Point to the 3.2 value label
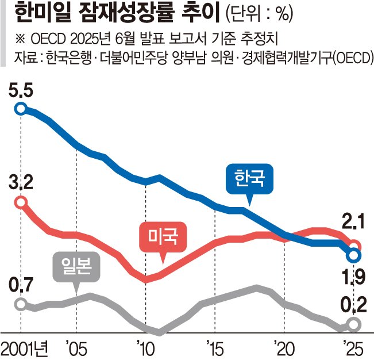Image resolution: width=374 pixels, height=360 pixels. [x=21, y=184]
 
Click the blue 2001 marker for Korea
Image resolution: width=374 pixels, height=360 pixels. [x=21, y=108]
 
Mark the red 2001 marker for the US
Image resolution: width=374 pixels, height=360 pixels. [x=21, y=202]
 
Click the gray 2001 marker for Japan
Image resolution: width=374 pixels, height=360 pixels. [x=21, y=304]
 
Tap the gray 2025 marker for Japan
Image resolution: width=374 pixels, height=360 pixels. [x=354, y=325]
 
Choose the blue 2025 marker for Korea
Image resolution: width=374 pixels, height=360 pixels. [x=354, y=254]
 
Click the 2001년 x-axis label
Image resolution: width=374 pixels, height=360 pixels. [x=26, y=348]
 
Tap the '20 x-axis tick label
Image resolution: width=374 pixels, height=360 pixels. [x=284, y=348]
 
